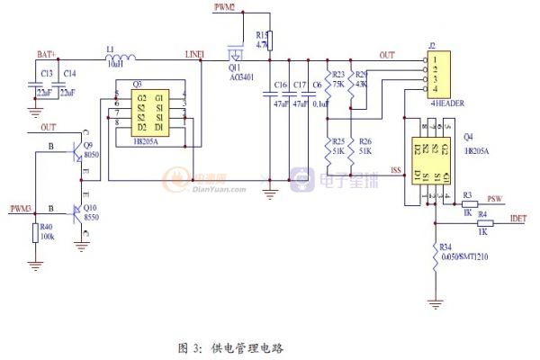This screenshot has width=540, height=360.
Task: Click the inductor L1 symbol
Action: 121,59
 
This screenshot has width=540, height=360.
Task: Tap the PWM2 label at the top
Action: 225,7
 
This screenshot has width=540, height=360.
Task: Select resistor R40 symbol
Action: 35,233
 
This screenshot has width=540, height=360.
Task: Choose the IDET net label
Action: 518,218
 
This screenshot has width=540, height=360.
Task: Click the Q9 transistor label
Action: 87,145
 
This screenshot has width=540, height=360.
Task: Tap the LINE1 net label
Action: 194,55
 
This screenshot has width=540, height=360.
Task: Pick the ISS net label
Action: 396,168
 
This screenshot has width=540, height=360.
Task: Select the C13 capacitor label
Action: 47,72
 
